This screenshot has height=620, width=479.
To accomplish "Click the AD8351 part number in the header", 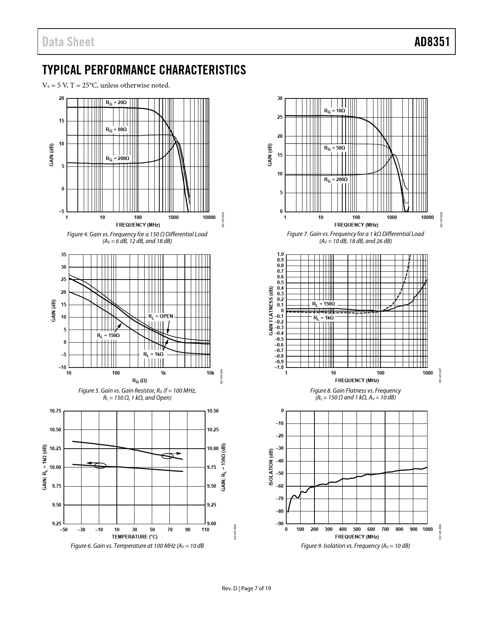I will [432, 42].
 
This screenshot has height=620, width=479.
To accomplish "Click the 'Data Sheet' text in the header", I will [68, 42].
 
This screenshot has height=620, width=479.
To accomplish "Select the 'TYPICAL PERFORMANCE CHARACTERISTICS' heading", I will [144, 70].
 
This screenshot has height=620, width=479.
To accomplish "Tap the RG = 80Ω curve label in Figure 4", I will [116, 130].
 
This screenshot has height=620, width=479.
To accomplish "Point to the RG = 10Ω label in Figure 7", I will [334, 111].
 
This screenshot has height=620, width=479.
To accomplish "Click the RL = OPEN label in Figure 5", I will [161, 316].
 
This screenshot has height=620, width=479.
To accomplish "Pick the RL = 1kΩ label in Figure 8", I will [323, 318].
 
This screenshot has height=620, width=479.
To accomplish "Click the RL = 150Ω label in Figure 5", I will [108, 335].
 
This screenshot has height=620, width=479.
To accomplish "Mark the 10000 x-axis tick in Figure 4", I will [209, 217].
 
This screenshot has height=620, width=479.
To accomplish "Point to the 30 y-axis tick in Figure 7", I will [280, 98].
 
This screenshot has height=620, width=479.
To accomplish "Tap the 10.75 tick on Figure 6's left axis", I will [55, 411].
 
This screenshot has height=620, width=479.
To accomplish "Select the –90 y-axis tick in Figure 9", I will [280, 523].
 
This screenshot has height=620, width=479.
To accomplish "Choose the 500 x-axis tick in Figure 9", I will [357, 529].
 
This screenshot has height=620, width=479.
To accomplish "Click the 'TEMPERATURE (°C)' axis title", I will [134, 537].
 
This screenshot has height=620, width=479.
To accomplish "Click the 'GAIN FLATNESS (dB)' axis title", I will [270, 311].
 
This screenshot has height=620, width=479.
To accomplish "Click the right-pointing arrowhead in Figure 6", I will [179, 453].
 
